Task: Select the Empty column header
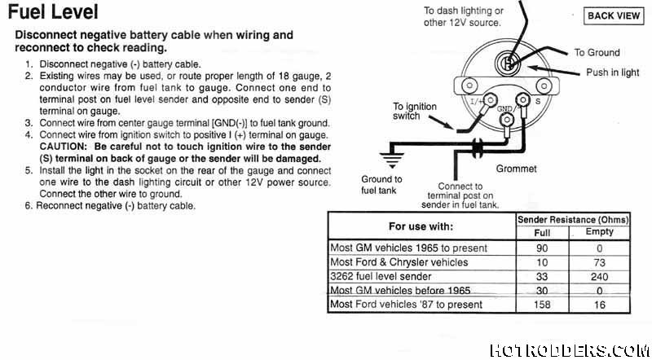(x=599, y=233)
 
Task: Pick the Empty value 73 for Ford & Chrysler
(x=599, y=262)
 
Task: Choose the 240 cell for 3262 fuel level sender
(x=599, y=276)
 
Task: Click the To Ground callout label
(x=597, y=53)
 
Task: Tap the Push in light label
(x=613, y=72)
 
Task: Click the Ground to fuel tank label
(x=381, y=184)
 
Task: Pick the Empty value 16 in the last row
(x=599, y=305)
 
